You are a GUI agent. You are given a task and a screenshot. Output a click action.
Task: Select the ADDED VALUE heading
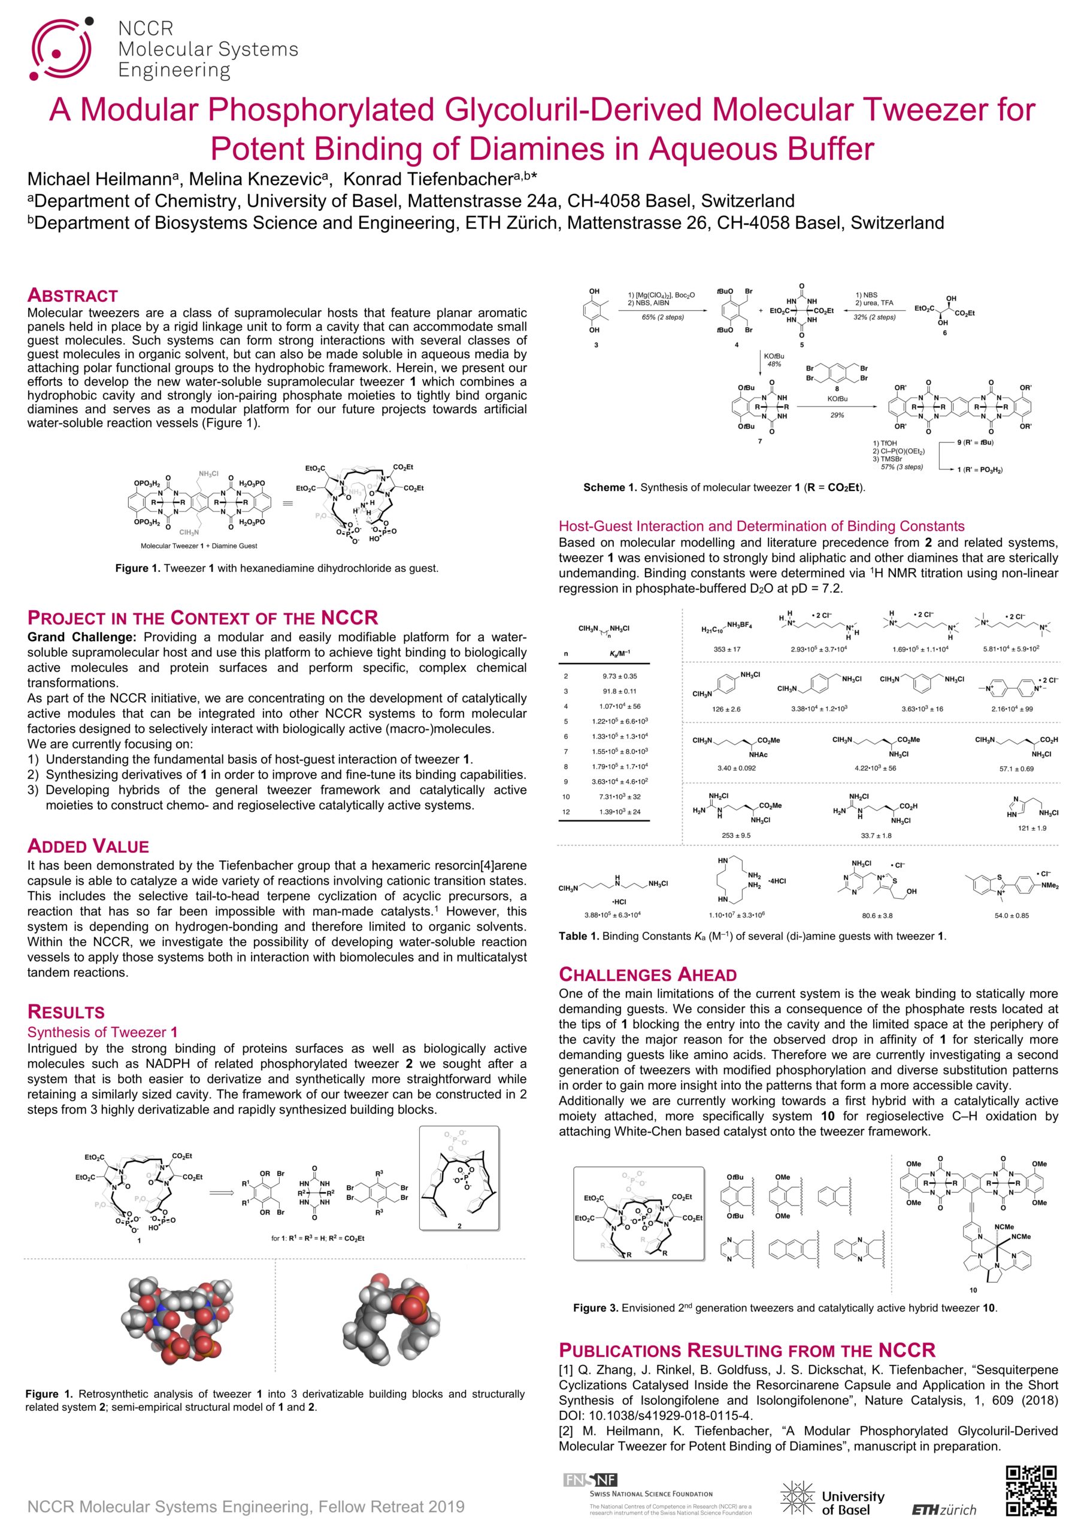pyautogui.click(x=87, y=846)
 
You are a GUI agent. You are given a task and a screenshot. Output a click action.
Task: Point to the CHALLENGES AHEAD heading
pyautogui.click(x=647, y=974)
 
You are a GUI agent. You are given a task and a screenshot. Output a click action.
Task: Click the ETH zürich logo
pyautogui.click(x=944, y=1510)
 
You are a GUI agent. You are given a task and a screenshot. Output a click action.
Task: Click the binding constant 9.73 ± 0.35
pyautogui.click(x=619, y=675)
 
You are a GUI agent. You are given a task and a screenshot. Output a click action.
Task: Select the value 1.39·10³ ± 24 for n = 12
pyautogui.click(x=620, y=811)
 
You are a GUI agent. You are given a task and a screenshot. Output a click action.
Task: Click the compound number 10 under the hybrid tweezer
pyautogui.click(x=973, y=1290)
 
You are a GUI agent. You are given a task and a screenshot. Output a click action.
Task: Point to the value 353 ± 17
pyautogui.click(x=727, y=649)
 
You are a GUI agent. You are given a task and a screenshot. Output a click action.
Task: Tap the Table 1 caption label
pyautogui.click(x=579, y=936)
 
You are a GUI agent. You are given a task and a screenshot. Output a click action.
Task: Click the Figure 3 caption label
pyautogui.click(x=595, y=1308)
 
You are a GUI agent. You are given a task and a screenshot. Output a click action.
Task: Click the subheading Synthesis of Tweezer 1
pyautogui.click(x=102, y=1032)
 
